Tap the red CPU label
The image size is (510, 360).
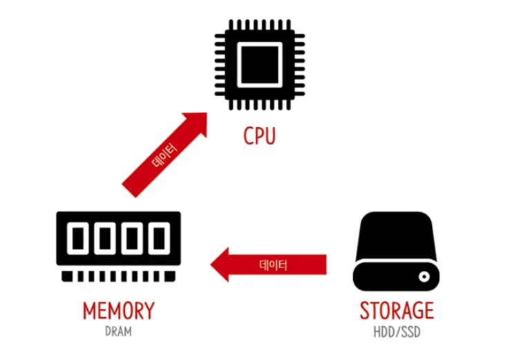point(259,135)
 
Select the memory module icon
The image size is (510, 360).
point(117,245)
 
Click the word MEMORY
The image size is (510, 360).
point(118,311)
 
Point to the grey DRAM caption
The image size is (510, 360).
point(118,331)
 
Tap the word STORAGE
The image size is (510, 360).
point(396,311)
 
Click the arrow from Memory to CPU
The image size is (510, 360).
point(163,156)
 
